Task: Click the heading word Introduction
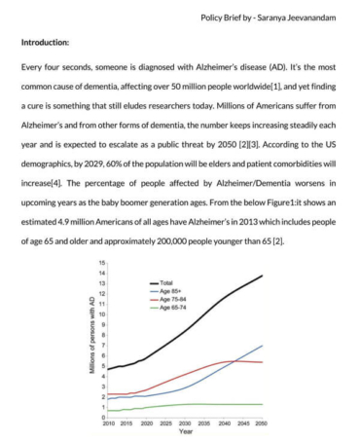[x=47, y=43]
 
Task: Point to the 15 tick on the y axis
[x=100, y=264]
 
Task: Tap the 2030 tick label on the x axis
[x=185, y=424]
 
